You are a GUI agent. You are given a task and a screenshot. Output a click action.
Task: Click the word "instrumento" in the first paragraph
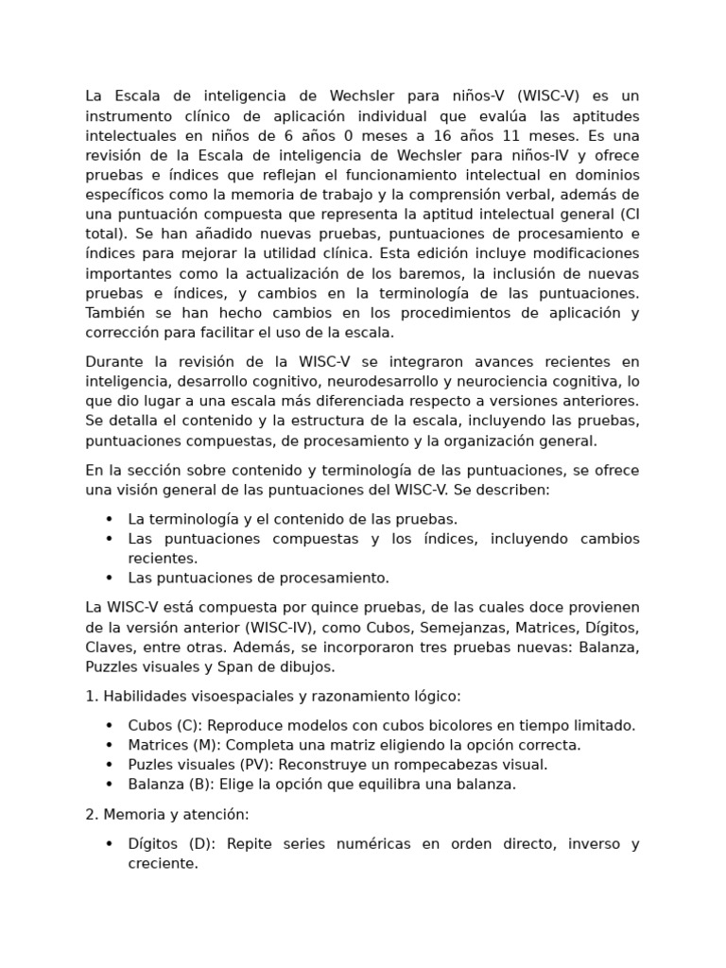coord(130,116)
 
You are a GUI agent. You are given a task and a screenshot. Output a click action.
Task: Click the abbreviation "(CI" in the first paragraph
coord(627,215)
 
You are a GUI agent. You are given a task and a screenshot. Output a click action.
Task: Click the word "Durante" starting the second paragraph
coord(113,362)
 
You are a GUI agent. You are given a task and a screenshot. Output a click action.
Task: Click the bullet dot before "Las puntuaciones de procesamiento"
coord(110,578)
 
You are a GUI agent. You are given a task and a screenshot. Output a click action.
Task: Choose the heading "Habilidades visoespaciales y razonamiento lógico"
coord(281,696)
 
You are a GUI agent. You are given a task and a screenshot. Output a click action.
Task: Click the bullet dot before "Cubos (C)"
coord(110,725)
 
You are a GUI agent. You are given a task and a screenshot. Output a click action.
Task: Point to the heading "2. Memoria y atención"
coord(166,814)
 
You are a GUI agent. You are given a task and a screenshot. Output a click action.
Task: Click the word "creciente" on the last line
coord(162,864)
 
